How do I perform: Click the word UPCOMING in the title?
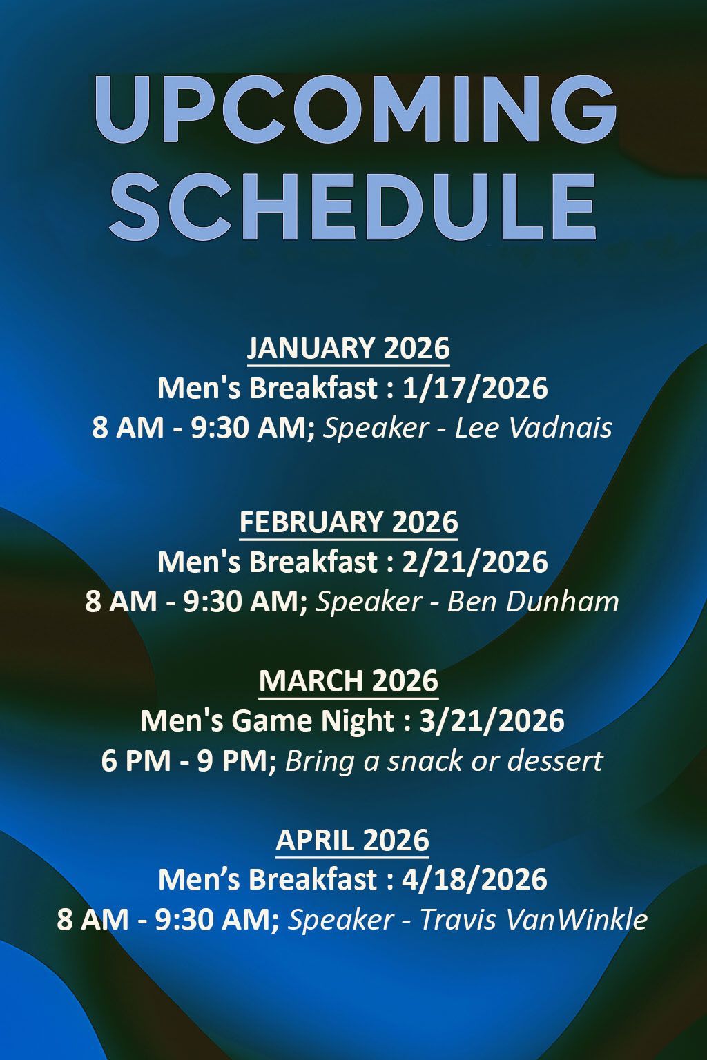353,110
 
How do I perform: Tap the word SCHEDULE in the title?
353,205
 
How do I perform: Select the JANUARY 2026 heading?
349,348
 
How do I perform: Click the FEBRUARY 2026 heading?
349,522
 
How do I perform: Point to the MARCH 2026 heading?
349,680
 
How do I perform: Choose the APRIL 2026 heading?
352,840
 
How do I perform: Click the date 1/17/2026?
475,388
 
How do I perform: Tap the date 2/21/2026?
475,562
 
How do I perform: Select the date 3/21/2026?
492,720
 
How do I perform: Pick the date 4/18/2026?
474,880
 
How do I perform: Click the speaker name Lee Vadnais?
534,428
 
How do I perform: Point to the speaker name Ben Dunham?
533,602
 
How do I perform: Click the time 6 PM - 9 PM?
188,760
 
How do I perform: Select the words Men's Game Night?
267,720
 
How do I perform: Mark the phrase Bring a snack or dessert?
444,760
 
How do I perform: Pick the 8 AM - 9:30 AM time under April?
168,920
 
